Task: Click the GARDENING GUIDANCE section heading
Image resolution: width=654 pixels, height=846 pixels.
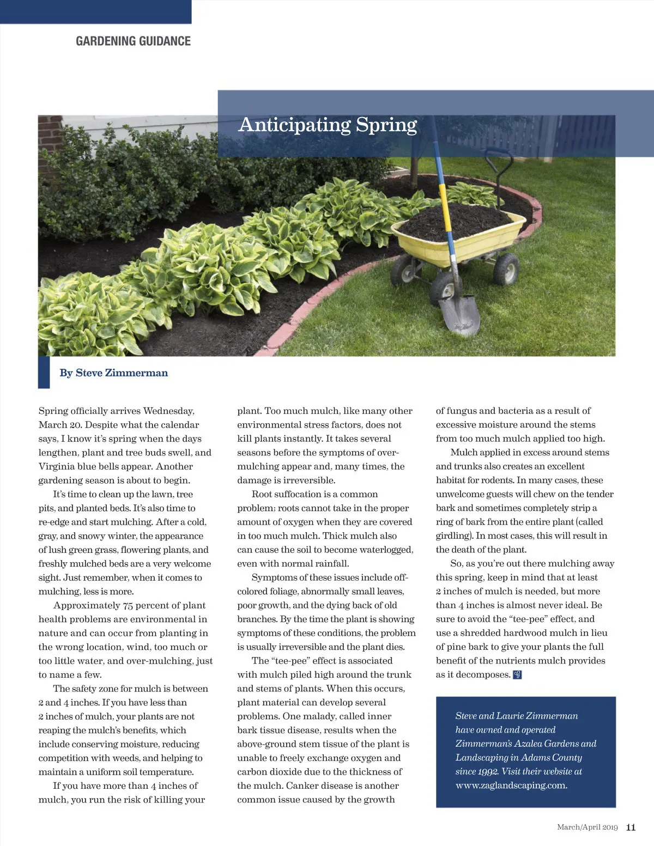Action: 133,41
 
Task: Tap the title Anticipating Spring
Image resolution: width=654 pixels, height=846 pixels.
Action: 328,125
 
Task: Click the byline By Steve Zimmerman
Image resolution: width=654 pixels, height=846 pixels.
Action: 113,373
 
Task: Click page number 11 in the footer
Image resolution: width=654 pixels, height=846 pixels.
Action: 631,827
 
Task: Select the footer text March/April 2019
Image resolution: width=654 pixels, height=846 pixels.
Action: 587,827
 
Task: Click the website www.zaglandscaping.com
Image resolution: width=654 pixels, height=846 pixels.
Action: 511,786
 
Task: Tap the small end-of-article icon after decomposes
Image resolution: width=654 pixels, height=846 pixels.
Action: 518,675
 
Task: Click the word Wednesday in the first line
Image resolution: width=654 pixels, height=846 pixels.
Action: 169,411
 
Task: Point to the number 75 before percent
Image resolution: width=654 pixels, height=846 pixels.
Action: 128,605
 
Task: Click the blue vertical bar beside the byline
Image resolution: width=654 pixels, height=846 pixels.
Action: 44,373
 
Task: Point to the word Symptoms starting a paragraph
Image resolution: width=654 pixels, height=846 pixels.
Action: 273,577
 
